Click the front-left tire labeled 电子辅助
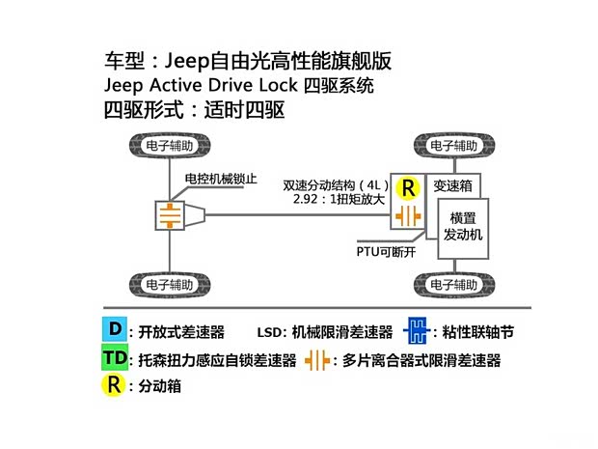[169, 147]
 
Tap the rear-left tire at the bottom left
[169, 285]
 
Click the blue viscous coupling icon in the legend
[417, 331]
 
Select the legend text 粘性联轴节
[474, 332]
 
